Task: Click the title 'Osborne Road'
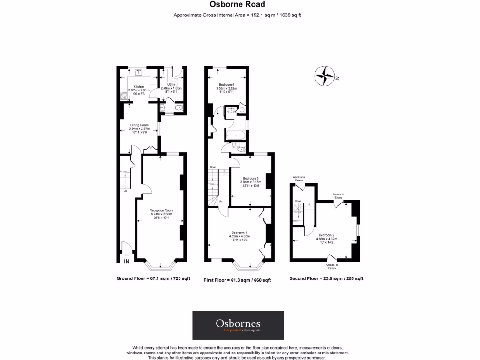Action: point(240,5)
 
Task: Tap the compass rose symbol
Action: point(324,75)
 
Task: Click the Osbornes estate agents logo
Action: point(238,325)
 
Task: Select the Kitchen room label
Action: point(139,87)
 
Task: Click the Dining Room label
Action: point(139,125)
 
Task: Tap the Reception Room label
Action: point(161,211)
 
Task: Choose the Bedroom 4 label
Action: point(225,85)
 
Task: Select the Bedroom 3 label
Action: point(251,179)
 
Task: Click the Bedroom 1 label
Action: point(239,232)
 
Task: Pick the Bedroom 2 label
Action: point(327,235)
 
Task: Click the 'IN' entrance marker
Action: point(127,261)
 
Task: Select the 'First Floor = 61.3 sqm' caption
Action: point(237,280)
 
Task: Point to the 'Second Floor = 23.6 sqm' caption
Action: point(326,278)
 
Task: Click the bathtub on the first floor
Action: point(234,135)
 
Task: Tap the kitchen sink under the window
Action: point(139,73)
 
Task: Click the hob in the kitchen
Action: point(124,97)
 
